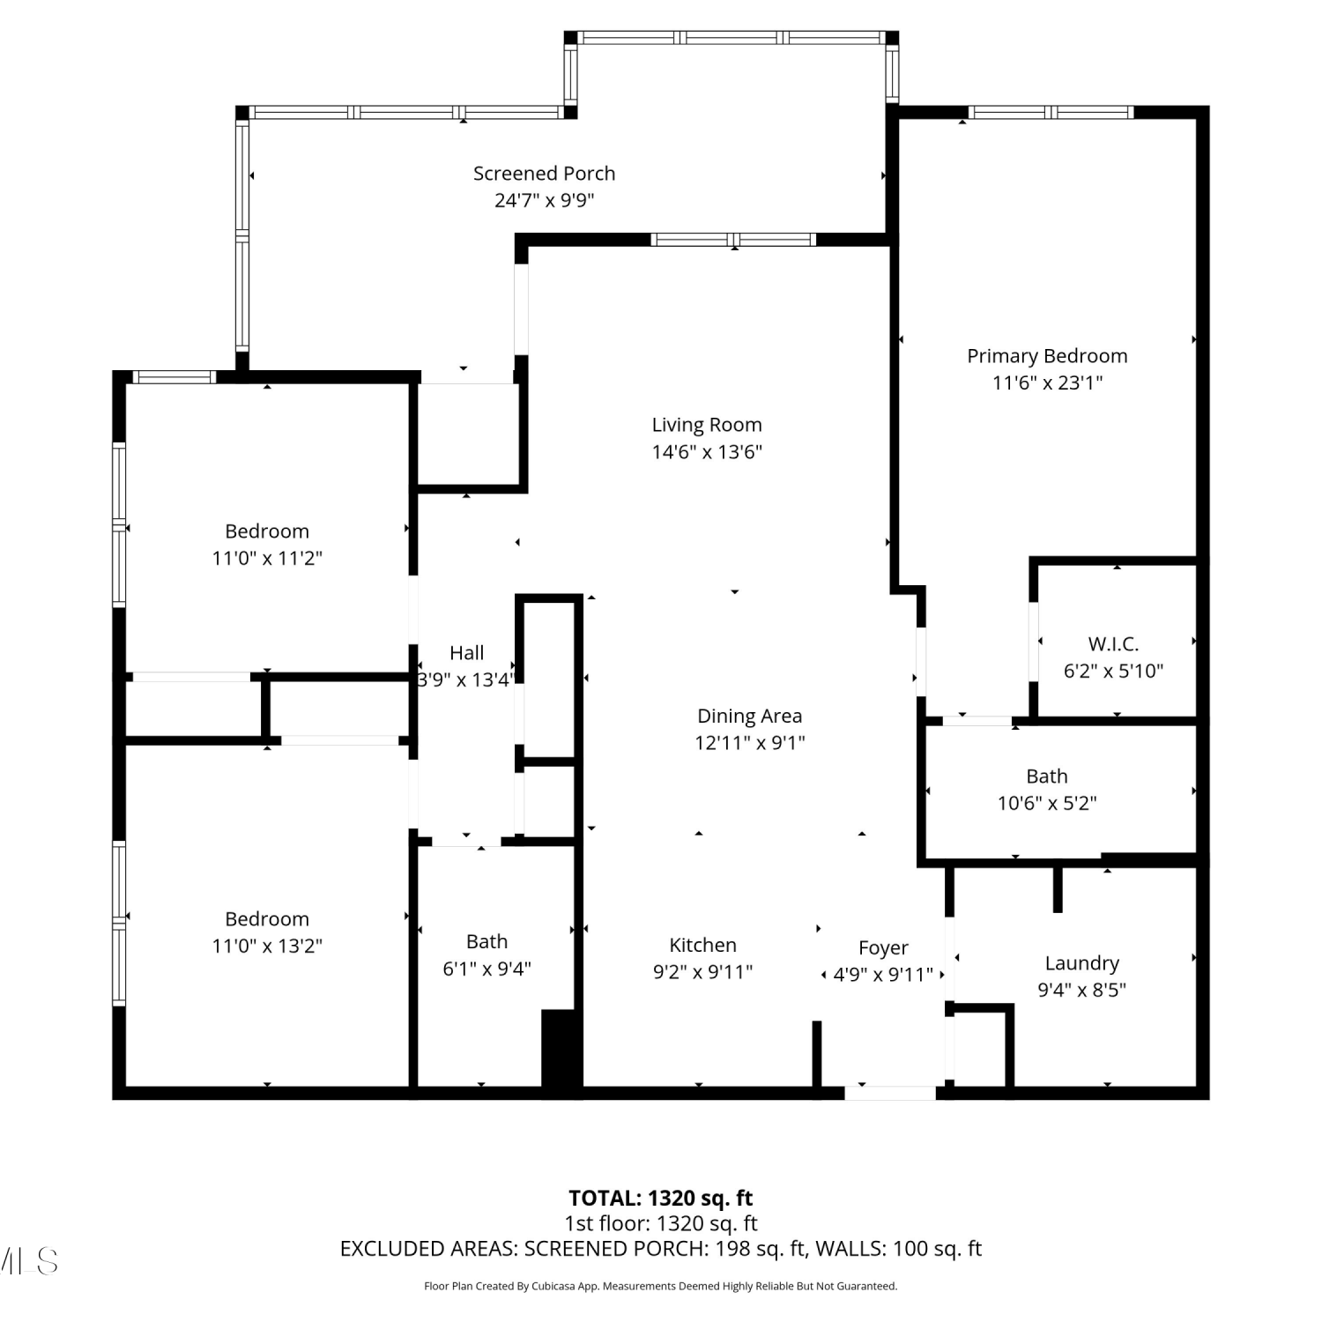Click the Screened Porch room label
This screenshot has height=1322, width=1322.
coord(544,174)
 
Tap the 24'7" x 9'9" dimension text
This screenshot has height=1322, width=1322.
coord(544,200)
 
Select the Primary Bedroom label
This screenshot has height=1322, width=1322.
coord(1047,356)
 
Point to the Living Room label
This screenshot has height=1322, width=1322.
coord(707,425)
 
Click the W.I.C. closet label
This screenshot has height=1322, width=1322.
coord(1113,644)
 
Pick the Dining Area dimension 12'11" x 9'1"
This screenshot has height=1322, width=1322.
coord(749,743)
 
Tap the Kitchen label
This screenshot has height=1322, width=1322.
coord(702,946)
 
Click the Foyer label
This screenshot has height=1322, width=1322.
coord(883,948)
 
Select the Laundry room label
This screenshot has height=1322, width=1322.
coord(1081,964)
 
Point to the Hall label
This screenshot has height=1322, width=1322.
coord(466,653)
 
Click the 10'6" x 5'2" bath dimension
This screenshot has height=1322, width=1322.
coord(1047,803)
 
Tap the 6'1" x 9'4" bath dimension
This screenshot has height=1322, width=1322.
coord(486,969)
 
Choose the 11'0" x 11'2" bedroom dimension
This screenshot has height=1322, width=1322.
coord(267,558)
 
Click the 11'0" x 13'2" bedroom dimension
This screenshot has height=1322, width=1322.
coord(267,946)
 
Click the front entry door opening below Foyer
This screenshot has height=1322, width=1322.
coord(890,1094)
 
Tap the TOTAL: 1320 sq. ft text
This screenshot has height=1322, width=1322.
coord(661,1199)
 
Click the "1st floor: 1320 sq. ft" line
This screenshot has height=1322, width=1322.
coord(661,1223)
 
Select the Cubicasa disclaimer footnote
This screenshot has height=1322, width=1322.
coord(661,1287)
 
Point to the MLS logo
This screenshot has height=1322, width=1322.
coord(29,1261)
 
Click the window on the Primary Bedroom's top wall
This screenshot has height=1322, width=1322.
coord(1051,112)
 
